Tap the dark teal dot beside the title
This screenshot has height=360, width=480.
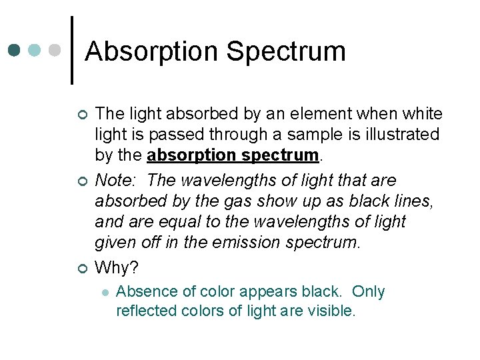[14, 50]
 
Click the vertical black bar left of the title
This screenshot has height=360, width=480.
[72, 50]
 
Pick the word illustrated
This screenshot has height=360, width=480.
[403, 135]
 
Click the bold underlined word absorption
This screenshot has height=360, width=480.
[190, 156]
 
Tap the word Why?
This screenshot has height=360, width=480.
[117, 267]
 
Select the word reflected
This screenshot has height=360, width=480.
[144, 311]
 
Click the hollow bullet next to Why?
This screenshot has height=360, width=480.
[82, 269]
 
